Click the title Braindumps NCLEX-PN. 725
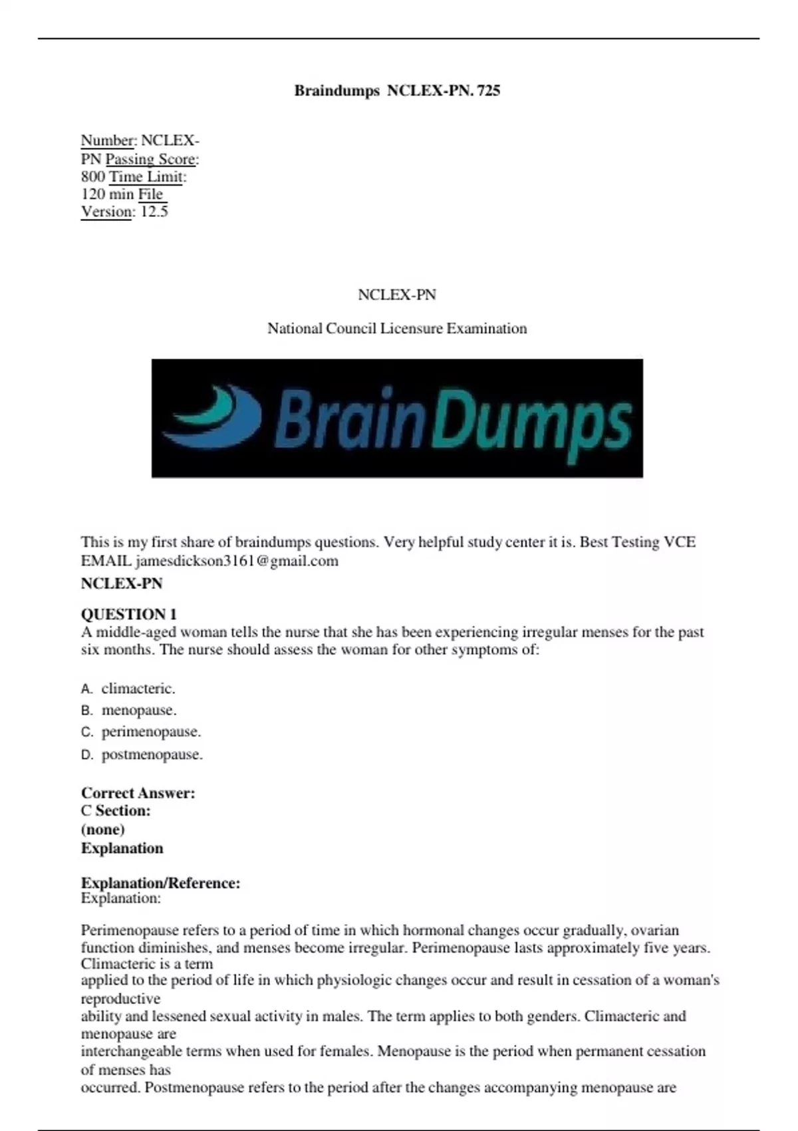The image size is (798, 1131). (397, 90)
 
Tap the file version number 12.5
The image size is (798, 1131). (154, 212)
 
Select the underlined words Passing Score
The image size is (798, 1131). (151, 159)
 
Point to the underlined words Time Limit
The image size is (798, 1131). (147, 176)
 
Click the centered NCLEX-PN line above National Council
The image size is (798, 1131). (397, 295)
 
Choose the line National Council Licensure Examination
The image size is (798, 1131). (397, 328)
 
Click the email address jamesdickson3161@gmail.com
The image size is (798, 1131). (236, 561)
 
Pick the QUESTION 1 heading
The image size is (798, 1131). (129, 613)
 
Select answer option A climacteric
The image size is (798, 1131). (138, 689)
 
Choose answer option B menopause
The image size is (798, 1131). (138, 710)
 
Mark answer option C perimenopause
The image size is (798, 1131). (150, 732)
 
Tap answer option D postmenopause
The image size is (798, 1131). (152, 754)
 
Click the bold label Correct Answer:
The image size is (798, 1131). (138, 792)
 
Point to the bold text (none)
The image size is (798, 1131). (103, 829)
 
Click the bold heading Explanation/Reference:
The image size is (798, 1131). (160, 883)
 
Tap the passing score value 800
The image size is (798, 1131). (93, 176)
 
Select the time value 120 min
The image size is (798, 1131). (107, 194)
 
